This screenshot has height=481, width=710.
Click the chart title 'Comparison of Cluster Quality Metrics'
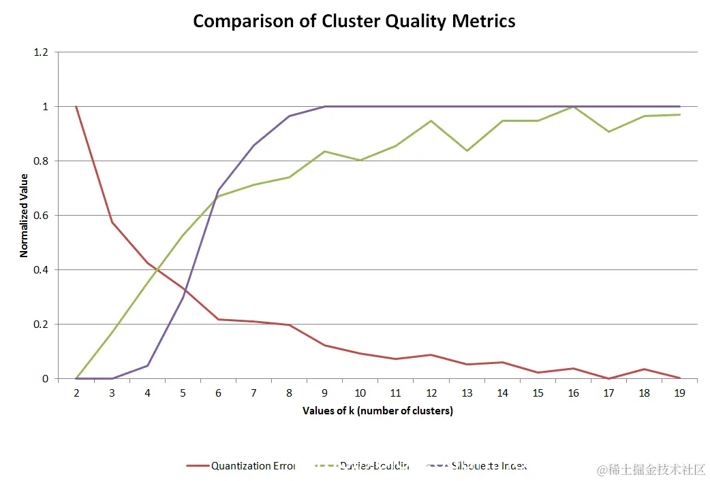pos(354,21)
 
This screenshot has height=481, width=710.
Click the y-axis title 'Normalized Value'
pos(24,215)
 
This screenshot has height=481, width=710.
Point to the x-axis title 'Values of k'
pos(377,411)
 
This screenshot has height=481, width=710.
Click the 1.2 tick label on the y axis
pos(42,52)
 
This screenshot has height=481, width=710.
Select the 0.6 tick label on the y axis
pos(42,216)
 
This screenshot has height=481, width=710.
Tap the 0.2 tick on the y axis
pos(42,325)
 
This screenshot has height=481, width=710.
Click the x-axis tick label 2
pos(76,393)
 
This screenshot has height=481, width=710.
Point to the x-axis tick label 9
pos(324,393)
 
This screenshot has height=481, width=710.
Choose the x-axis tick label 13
pos(467,393)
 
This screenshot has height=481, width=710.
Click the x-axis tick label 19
pos(679,393)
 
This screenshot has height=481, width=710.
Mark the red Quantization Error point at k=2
pos(76,107)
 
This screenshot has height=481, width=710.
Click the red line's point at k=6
pos(218,319)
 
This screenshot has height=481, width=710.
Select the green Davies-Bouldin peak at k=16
pos(573,107)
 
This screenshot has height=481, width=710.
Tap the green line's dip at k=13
pos(467,150)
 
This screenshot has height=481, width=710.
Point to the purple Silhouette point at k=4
pos(147,365)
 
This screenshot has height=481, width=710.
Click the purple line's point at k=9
pos(324,107)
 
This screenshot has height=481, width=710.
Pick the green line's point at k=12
pos(431,121)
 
